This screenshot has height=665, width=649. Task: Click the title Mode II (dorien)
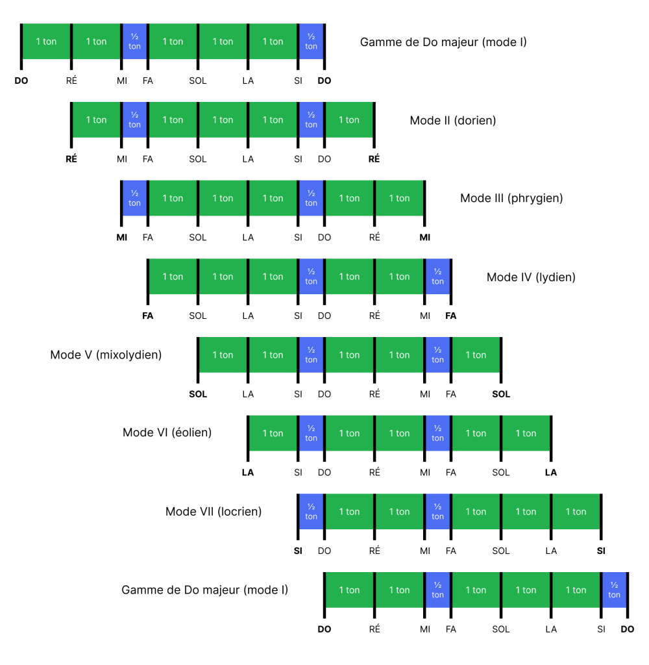click(452, 120)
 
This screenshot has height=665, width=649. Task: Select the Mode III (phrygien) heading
click(511, 198)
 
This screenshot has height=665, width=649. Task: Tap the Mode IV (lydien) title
click(531, 277)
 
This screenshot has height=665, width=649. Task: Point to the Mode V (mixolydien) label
click(106, 355)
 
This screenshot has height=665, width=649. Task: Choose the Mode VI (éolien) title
click(167, 432)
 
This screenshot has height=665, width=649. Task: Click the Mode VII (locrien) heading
click(214, 512)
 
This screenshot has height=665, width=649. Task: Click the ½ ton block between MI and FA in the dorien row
click(135, 120)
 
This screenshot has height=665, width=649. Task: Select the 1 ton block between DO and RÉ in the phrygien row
click(349, 198)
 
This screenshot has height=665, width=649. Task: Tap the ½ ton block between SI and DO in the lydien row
click(312, 277)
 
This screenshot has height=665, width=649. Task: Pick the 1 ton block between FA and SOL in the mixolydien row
click(476, 355)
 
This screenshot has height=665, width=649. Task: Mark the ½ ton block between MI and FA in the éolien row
click(437, 433)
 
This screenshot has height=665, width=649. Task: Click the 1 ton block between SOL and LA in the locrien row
click(526, 512)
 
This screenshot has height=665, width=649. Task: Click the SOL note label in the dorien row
click(198, 159)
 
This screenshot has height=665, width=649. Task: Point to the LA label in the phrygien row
click(248, 238)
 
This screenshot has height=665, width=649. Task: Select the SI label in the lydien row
click(299, 316)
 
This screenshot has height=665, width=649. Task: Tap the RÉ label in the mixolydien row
click(374, 394)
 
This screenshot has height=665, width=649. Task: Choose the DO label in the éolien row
click(324, 473)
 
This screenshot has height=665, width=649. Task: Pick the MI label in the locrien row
click(425, 551)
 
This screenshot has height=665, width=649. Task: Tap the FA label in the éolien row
click(451, 473)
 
